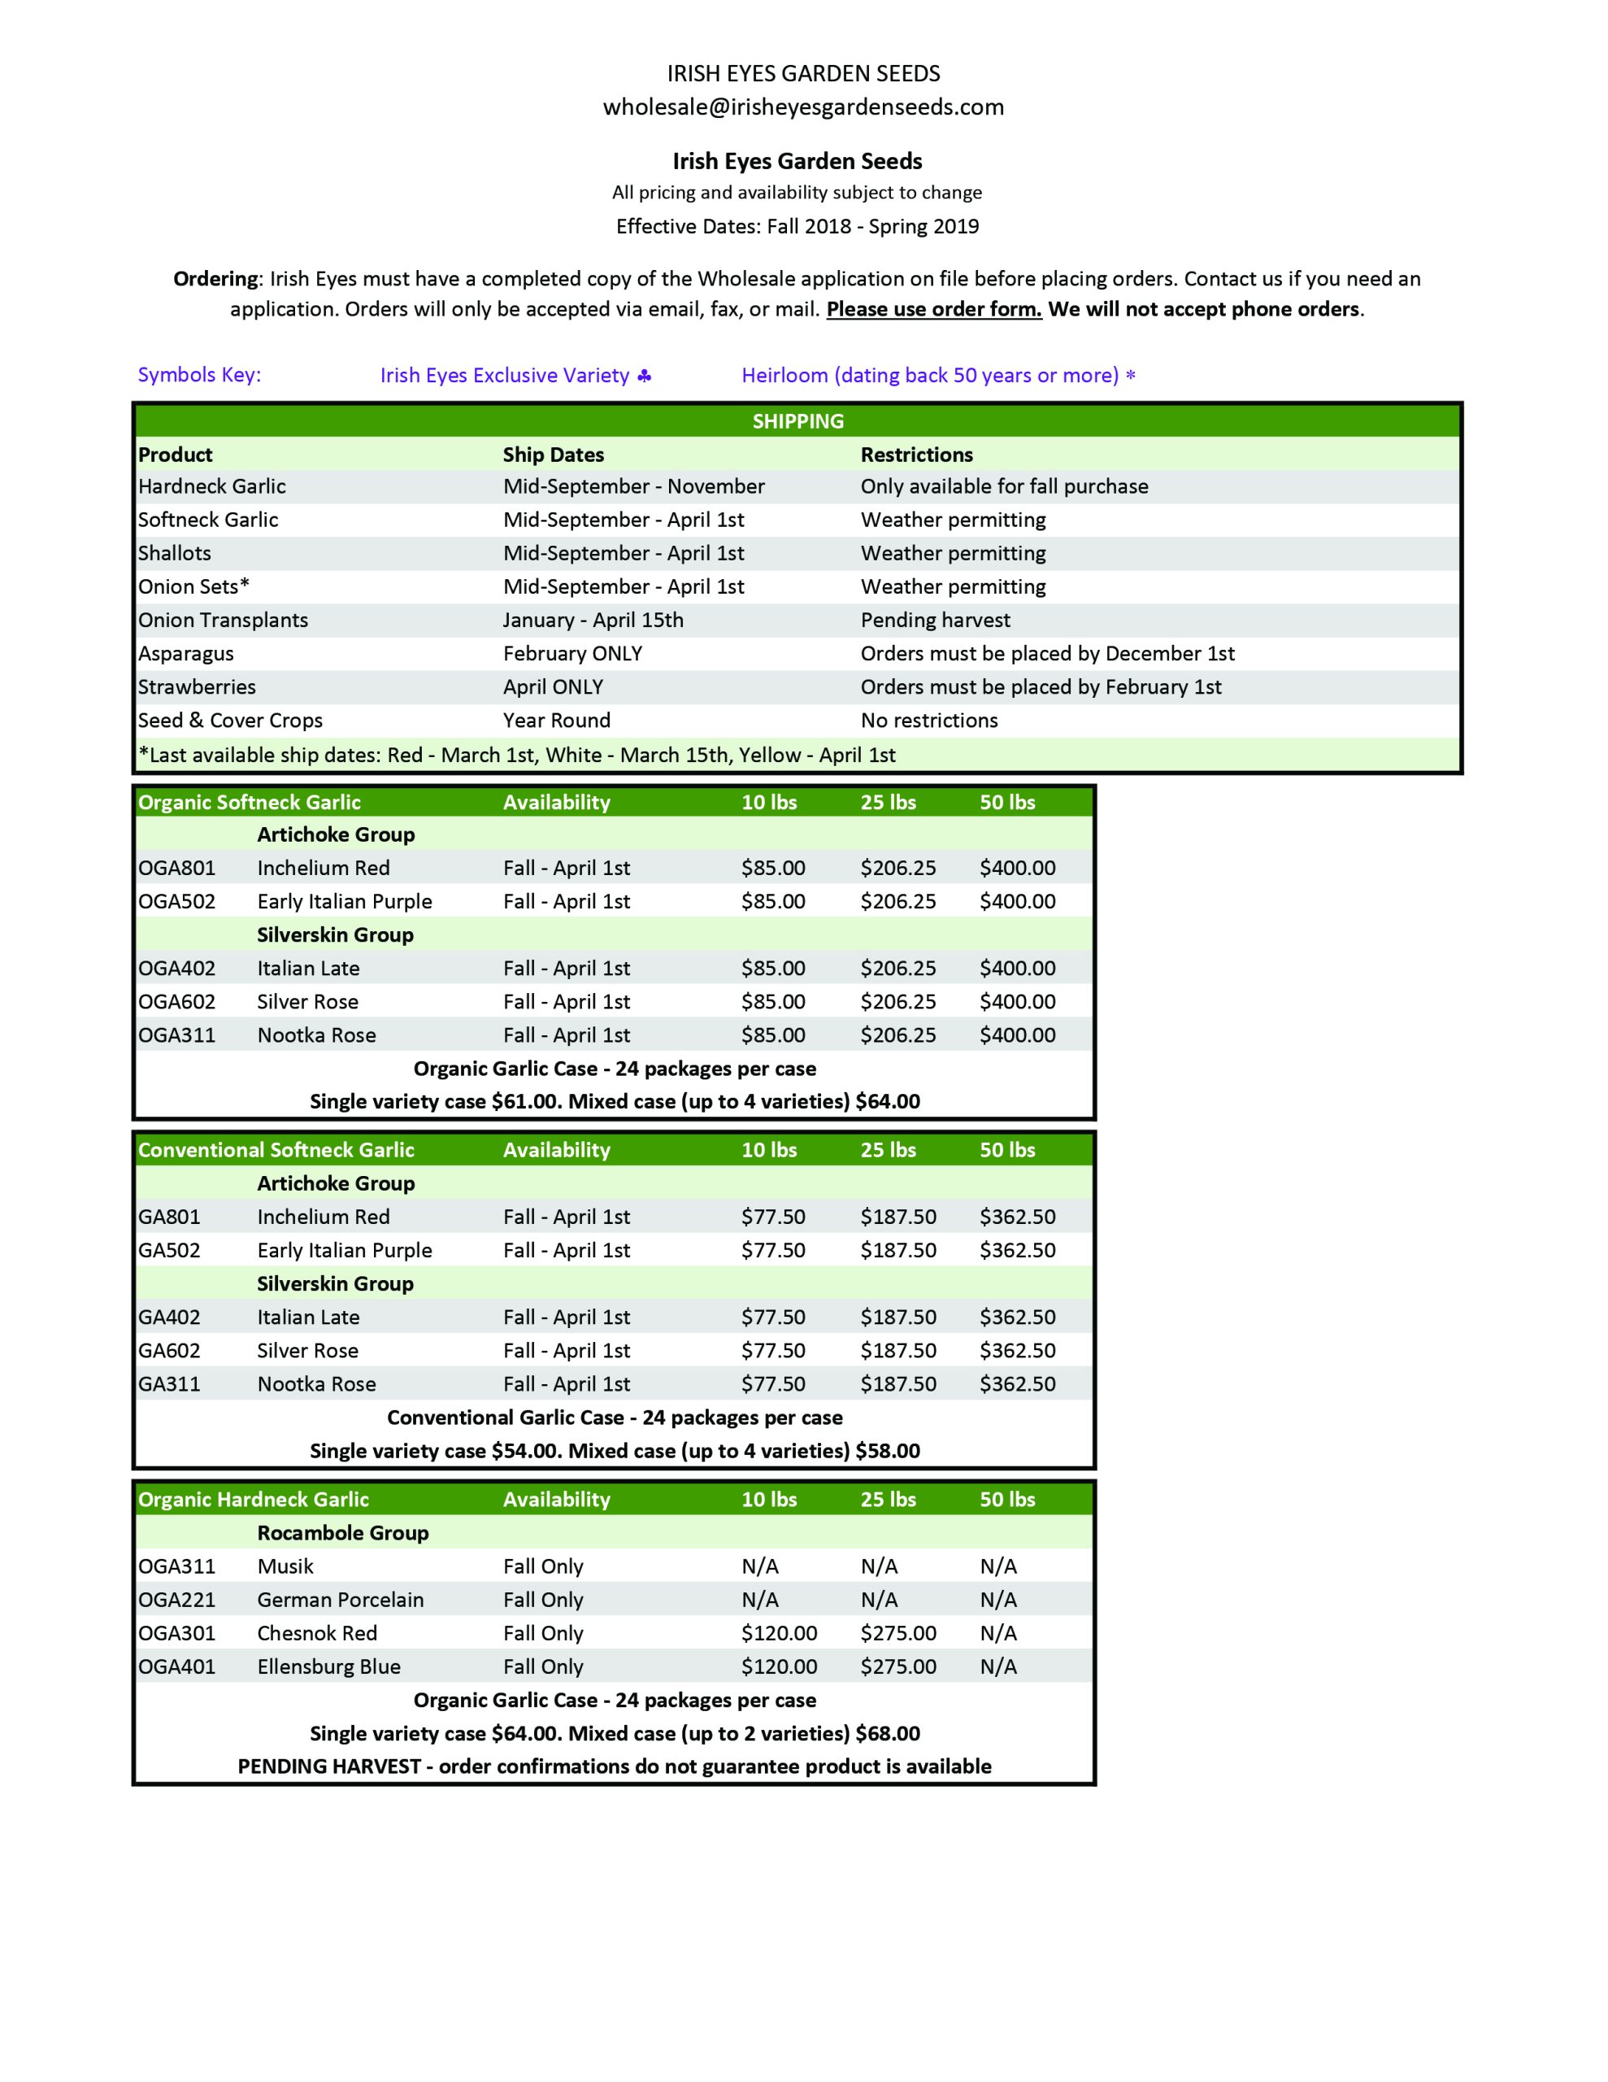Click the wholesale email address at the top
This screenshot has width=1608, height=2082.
[x=802, y=107]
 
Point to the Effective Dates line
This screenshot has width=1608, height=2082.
[x=797, y=226]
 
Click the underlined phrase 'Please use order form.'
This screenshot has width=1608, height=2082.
[x=933, y=309]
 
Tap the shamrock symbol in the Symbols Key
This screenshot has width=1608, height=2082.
[x=645, y=376]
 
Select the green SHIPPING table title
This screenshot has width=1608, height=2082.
[x=797, y=421]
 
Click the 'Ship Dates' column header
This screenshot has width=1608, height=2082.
[x=553, y=455]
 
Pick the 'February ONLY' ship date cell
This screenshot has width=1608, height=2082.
[x=571, y=653]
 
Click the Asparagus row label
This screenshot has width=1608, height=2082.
[x=186, y=653]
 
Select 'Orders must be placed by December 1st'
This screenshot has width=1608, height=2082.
[x=1046, y=653]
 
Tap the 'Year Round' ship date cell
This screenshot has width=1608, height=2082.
[x=556, y=720]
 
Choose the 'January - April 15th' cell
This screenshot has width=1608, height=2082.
[x=593, y=620]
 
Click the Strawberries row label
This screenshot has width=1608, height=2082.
[x=197, y=686]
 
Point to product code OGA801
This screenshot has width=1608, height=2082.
[x=176, y=868]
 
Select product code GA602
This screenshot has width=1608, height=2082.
[x=169, y=1350]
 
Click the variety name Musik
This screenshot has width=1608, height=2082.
[x=285, y=1566]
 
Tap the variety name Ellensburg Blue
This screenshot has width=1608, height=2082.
[x=329, y=1666]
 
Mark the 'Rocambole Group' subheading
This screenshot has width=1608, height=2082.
[x=342, y=1532]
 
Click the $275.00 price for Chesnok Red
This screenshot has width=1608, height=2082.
[x=897, y=1632]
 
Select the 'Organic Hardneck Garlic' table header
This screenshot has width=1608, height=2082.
[x=253, y=1499]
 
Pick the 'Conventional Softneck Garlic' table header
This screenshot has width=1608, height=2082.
[x=276, y=1150]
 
